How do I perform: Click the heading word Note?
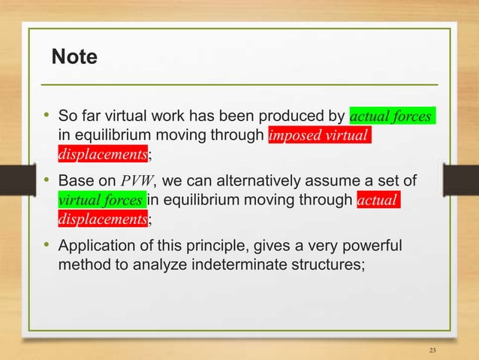point(74,56)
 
